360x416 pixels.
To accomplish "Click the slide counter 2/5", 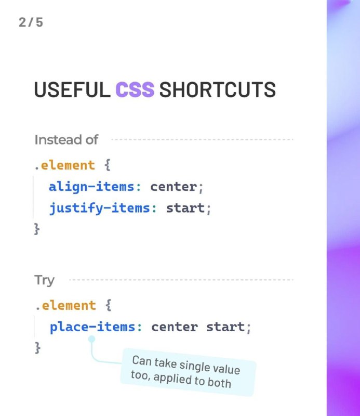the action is [31, 22].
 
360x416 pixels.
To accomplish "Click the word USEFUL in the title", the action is [72, 89].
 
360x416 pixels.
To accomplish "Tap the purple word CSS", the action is [135, 89].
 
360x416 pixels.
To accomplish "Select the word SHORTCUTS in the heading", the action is [217, 89].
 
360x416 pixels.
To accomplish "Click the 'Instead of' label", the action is [66, 139].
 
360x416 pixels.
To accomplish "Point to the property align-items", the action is [92, 187].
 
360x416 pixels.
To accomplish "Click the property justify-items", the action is [100, 207].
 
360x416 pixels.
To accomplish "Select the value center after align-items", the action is [174, 187].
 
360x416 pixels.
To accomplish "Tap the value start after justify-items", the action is [185, 208].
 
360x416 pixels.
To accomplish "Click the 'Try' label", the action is [44, 280].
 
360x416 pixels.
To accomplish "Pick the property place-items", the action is [92, 327].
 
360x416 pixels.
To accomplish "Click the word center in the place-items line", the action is [175, 327].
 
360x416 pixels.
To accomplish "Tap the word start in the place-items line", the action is [225, 327].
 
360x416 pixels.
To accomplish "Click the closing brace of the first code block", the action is [37, 229].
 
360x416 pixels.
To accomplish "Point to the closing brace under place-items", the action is [38, 347].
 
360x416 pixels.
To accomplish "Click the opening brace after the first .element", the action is [107, 165].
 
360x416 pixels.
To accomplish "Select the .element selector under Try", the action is [66, 305].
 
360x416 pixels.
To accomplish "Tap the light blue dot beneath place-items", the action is [91, 339].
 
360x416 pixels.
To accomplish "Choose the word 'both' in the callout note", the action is [220, 383].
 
